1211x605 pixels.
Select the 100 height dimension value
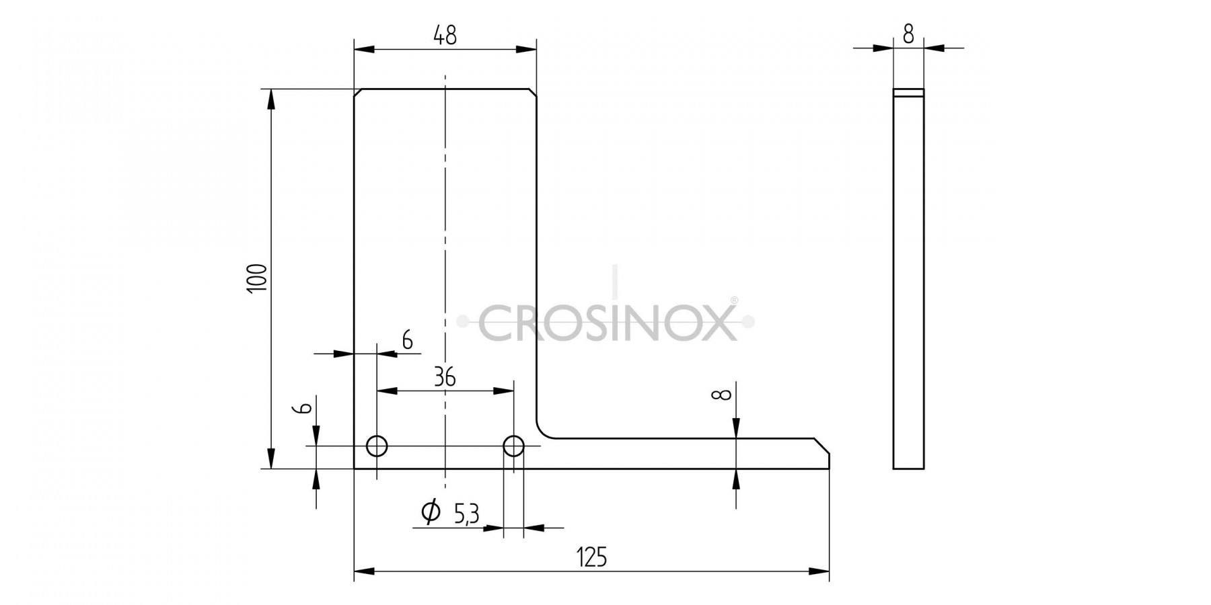[257, 278]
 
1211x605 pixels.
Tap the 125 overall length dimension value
[592, 557]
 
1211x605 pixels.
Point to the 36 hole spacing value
[445, 378]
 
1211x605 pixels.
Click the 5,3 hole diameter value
[466, 515]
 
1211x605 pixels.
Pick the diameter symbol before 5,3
[431, 512]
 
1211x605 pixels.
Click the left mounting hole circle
[377, 445]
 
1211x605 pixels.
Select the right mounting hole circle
[514, 445]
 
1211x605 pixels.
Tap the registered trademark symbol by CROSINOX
[734, 300]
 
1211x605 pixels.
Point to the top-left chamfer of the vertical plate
[359, 93]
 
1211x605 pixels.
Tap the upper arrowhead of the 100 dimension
[271, 99]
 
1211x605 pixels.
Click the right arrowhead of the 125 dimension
[819, 571]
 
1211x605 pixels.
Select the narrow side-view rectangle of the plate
[908, 279]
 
